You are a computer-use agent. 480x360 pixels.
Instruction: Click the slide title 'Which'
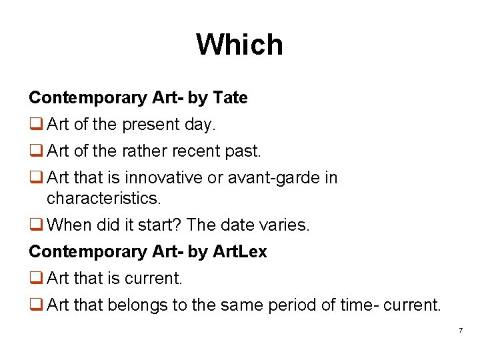click(239, 45)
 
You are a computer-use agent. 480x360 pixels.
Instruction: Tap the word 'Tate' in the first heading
click(230, 98)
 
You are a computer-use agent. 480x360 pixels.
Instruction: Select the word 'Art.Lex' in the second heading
click(239, 251)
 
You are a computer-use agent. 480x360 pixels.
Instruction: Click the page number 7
click(460, 331)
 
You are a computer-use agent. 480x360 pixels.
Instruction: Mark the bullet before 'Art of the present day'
click(35, 125)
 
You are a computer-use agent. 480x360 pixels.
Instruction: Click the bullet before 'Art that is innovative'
click(35, 178)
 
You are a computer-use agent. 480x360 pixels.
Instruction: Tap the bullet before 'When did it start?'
click(35, 225)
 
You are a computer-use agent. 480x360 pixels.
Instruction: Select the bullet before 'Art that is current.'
click(35, 278)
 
